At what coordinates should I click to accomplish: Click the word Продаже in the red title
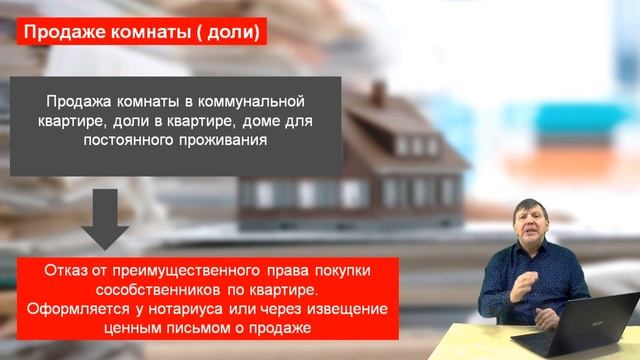60,33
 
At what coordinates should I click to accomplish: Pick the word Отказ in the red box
67,271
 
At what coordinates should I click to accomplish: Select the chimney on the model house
379,94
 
